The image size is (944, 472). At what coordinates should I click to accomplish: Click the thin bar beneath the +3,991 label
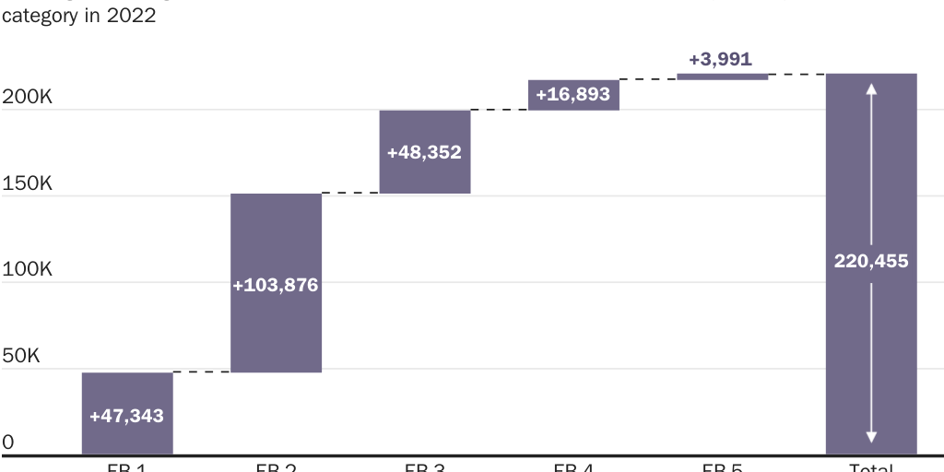(x=722, y=77)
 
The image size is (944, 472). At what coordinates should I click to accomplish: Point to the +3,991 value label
(x=720, y=59)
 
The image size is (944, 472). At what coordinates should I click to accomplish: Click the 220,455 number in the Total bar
(x=871, y=261)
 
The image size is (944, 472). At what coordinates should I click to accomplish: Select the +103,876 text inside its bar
(x=276, y=286)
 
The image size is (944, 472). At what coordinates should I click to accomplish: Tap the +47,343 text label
(x=127, y=416)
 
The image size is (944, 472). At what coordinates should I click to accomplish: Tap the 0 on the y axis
(x=8, y=442)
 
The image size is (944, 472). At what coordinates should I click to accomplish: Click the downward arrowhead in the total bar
(x=871, y=438)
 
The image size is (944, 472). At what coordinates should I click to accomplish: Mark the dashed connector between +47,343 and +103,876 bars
(x=201, y=372)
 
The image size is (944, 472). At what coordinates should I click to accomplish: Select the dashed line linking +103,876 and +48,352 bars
(x=350, y=193)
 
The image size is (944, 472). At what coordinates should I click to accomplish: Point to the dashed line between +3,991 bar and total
(x=796, y=74)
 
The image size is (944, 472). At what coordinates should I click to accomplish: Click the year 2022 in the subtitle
(x=131, y=17)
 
